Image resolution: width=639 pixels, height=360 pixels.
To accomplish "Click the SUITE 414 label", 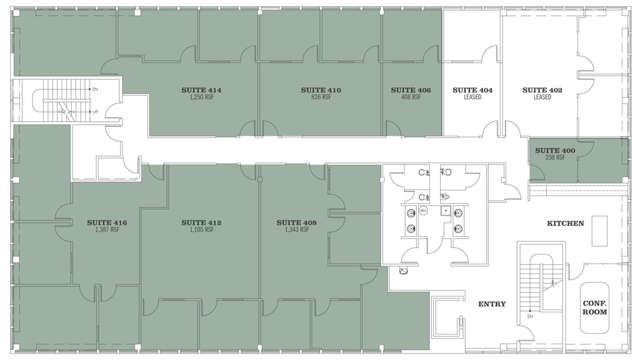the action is point(201,90).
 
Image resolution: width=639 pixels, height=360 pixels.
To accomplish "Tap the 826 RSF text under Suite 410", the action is point(321,97).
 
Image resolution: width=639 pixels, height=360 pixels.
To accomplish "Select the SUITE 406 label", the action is point(411,90).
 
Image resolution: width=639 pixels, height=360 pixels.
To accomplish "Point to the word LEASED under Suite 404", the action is point(473,97).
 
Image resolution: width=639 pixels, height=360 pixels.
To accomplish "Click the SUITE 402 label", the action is point(542,90).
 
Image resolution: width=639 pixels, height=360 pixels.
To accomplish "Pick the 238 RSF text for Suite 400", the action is point(555,157).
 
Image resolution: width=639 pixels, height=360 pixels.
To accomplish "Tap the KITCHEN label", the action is point(565,223).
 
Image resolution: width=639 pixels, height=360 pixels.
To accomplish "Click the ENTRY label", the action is point(492,303).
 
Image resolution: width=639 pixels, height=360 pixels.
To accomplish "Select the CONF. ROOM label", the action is point(595,308).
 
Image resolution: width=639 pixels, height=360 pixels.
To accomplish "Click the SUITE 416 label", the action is point(107,223).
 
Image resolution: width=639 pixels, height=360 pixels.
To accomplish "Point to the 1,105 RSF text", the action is point(201,230).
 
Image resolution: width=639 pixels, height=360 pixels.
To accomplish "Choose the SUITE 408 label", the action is point(296,223).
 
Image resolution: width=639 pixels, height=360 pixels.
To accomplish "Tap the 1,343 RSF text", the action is point(297,230).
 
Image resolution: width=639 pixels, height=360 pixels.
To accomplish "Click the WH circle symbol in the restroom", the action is point(423,211).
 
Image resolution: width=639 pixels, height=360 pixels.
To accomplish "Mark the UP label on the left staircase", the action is point(95,112).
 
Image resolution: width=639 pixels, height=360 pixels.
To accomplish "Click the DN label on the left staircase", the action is point(95,89).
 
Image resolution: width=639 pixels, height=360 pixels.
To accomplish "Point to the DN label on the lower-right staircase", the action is point(530,316).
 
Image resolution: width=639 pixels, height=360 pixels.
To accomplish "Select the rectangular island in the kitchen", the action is point(600,231).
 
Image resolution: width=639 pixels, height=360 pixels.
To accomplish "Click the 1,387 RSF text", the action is point(107,230).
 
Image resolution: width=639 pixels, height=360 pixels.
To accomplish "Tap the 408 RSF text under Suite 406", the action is point(411,97).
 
